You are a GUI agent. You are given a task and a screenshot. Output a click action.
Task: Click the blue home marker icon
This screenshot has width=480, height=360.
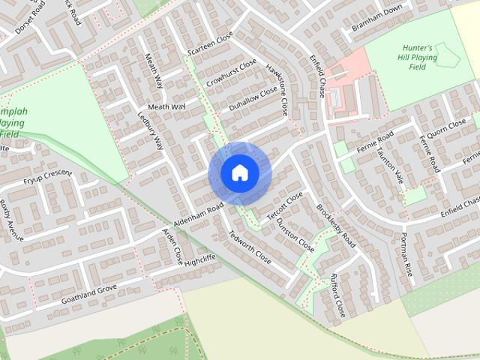[239, 173]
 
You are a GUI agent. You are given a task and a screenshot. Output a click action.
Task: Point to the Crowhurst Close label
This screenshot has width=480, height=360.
[232, 73]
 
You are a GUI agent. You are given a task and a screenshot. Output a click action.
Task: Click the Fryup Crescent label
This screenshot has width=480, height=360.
[47, 177]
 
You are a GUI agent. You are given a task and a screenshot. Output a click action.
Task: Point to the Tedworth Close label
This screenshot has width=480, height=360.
[249, 247]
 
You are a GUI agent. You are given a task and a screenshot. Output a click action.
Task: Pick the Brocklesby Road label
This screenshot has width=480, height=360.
[335, 225]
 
